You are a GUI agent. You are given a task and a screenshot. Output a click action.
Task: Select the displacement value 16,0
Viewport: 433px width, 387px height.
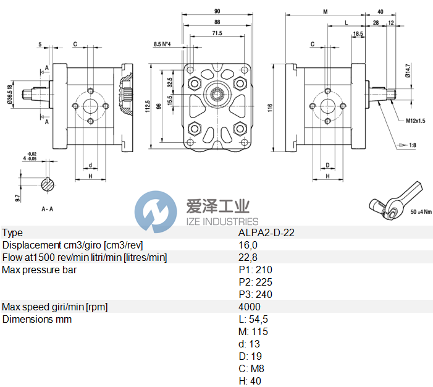pyautogui.click(x=248, y=245)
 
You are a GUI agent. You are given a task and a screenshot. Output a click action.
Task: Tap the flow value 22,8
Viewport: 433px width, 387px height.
pyautogui.click(x=248, y=258)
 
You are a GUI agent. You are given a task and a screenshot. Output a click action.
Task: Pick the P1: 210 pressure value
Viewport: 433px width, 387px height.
pyautogui.click(x=255, y=270)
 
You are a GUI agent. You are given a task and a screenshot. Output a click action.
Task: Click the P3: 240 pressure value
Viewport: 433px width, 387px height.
pyautogui.click(x=255, y=294)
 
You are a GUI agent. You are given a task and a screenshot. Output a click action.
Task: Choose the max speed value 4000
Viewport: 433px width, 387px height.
pyautogui.click(x=250, y=307)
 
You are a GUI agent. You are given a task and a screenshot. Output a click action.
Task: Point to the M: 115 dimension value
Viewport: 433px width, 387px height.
pyautogui.click(x=253, y=332)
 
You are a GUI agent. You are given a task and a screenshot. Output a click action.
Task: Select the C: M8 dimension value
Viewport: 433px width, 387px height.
pyautogui.click(x=252, y=368)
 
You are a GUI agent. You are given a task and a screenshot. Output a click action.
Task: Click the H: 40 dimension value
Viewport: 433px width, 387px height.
pyautogui.click(x=250, y=381)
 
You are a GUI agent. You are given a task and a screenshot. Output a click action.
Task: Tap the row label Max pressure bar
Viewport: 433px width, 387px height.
pyautogui.click(x=40, y=270)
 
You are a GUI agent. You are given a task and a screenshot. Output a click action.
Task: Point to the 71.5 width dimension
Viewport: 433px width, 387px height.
pyautogui.click(x=217, y=33)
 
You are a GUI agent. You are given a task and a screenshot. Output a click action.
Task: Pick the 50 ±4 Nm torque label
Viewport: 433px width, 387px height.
pyautogui.click(x=420, y=212)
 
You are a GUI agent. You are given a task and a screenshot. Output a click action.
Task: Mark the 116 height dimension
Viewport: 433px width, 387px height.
pyautogui.click(x=270, y=107)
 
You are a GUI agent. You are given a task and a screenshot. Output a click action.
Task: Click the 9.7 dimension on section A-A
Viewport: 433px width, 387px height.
pyautogui.click(x=18, y=198)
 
